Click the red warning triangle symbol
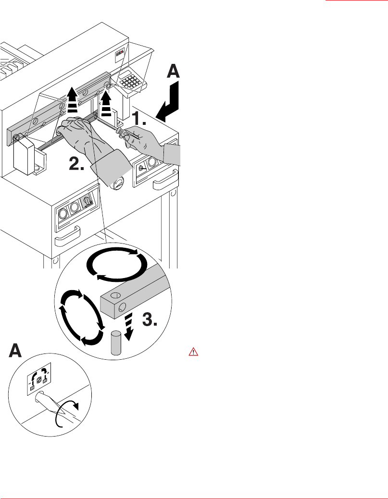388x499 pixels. point(193,352)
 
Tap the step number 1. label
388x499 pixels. point(139,118)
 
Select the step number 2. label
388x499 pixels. point(76,164)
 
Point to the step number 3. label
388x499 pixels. point(150,319)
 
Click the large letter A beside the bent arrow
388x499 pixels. point(173,71)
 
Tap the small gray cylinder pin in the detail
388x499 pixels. point(116,342)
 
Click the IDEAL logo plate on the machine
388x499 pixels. point(120,55)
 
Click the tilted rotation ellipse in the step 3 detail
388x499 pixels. point(82,317)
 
